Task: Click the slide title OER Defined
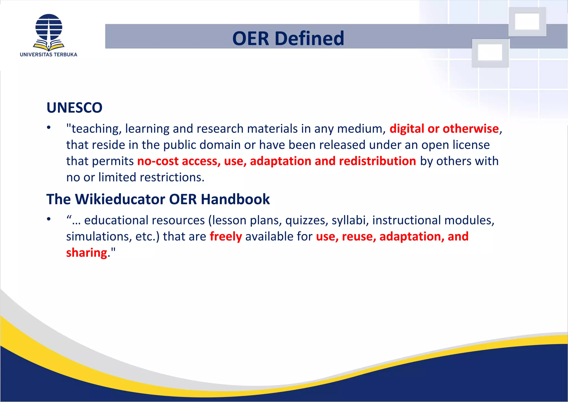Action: pyautogui.click(x=288, y=38)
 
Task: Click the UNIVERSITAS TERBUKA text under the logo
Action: pyautogui.click(x=49, y=55)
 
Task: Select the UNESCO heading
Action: pyautogui.click(x=74, y=108)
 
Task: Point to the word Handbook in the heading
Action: pyautogui.click(x=235, y=199)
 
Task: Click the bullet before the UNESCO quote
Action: pyautogui.click(x=49, y=128)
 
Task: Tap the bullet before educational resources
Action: pyautogui.click(x=49, y=219)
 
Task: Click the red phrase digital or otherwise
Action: pyautogui.click(x=444, y=129)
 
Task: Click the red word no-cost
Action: pyautogui.click(x=158, y=161)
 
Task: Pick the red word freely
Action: pyautogui.click(x=226, y=237)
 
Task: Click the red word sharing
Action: pyautogui.click(x=87, y=253)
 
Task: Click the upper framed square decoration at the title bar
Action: pyautogui.click(x=527, y=22)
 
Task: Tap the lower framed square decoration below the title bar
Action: pyautogui.click(x=490, y=53)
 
